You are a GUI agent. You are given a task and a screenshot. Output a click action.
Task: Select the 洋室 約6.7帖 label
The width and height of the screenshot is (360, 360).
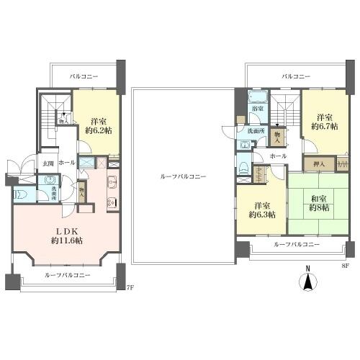(x=322, y=122)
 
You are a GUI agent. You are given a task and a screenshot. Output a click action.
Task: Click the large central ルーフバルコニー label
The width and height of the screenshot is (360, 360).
(x=183, y=176)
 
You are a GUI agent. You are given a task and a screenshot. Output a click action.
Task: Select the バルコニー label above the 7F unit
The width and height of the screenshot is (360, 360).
(x=84, y=75)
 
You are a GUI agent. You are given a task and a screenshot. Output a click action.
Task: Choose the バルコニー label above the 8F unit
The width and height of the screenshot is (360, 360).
(x=295, y=76)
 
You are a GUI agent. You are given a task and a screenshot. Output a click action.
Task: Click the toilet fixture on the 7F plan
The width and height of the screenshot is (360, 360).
(x=20, y=194)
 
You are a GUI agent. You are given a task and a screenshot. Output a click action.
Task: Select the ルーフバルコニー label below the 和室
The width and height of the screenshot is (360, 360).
(x=297, y=245)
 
